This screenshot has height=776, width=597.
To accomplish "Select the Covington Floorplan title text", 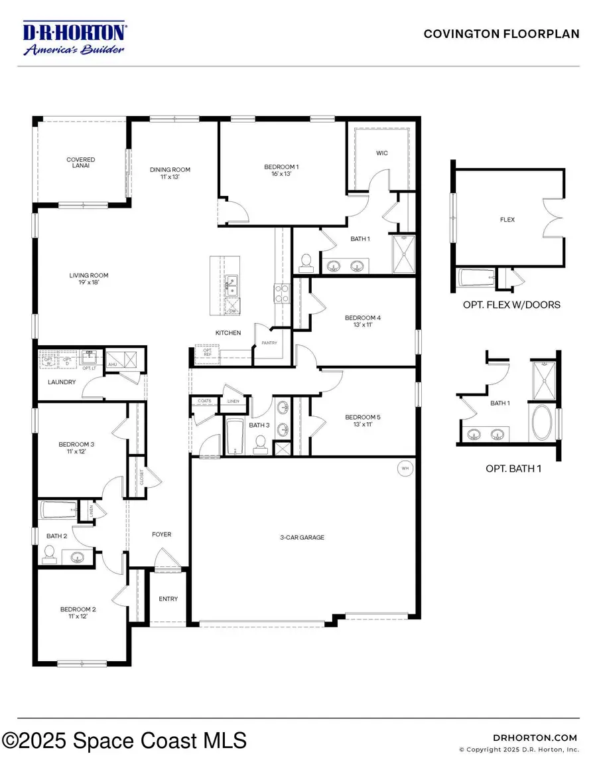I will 501,34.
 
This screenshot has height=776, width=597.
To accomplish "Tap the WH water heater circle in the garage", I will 404,469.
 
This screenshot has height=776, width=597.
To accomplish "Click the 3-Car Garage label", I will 302,537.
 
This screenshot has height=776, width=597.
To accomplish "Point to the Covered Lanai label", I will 80,163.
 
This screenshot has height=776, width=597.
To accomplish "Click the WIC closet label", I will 381,153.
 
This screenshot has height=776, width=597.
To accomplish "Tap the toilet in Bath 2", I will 49,551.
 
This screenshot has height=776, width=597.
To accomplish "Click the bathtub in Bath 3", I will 235,435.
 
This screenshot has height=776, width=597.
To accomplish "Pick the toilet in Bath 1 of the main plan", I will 306,264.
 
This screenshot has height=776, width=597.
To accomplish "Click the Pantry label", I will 269,343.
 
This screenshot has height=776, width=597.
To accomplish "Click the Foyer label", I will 161,534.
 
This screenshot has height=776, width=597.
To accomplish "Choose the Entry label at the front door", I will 168,599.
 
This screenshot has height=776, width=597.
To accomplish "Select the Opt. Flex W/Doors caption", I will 511,305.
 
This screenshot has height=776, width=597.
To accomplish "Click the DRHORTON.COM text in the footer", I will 536,737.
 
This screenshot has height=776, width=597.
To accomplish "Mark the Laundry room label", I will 62,382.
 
